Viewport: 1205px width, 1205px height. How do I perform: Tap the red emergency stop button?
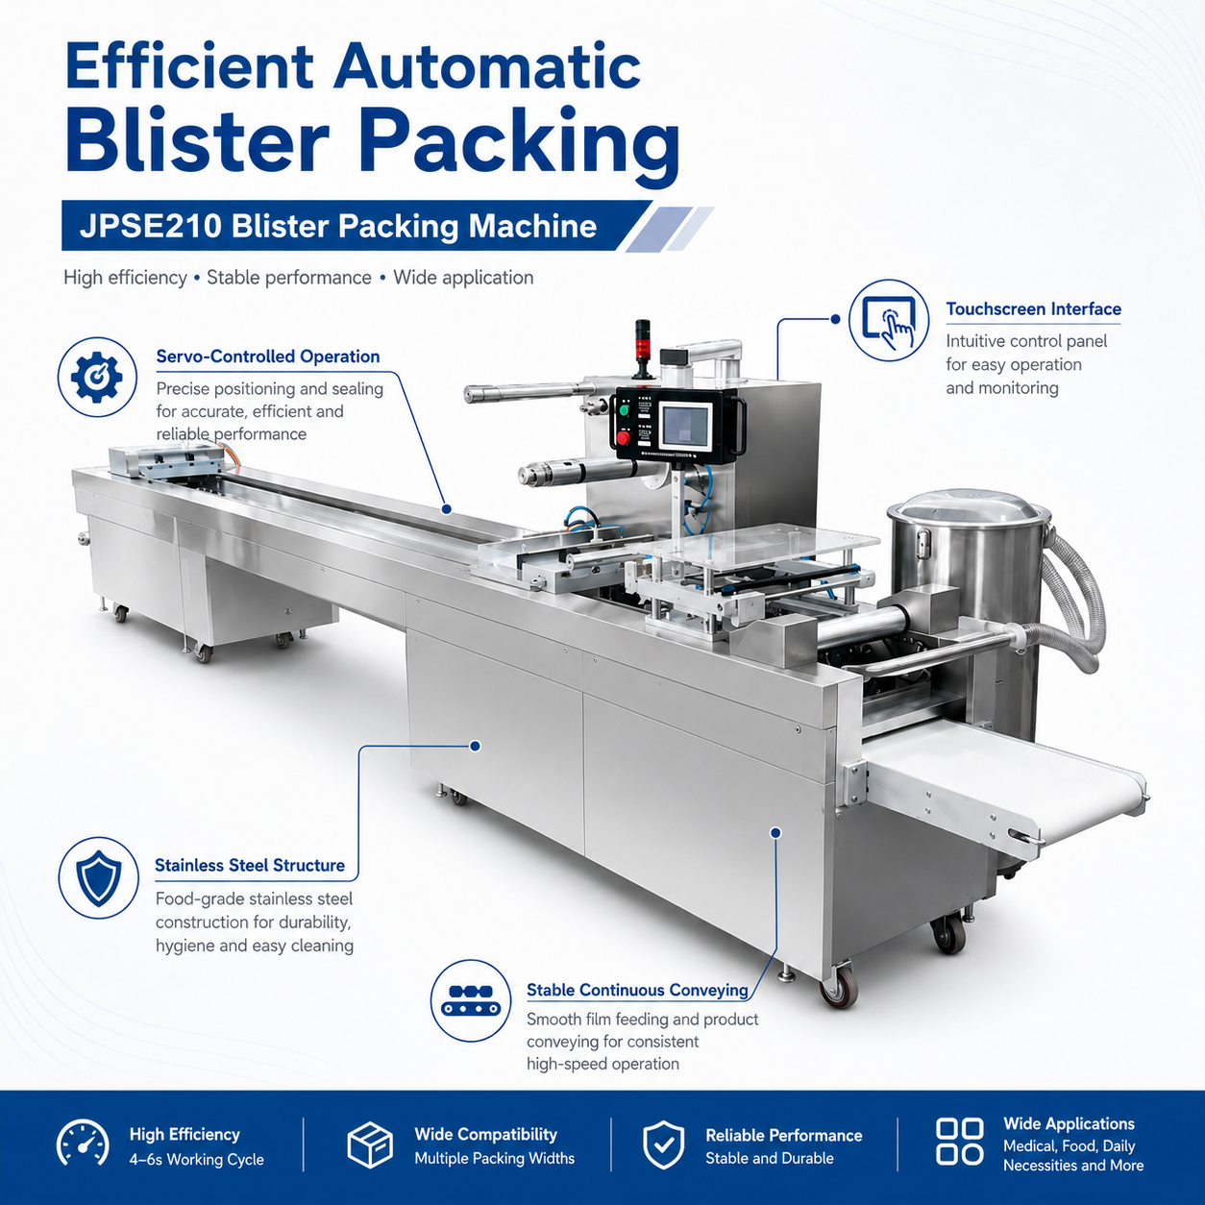coord(624,438)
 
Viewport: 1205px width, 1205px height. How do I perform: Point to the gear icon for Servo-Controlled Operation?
coord(97,377)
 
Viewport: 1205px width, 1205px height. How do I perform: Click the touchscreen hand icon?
coord(889,320)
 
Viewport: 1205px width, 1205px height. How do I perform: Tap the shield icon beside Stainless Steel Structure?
coord(98,878)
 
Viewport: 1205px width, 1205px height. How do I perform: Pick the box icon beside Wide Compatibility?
coord(370,1144)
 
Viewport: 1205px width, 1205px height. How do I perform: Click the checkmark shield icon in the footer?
coord(663,1144)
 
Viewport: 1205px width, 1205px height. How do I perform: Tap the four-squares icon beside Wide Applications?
coord(960,1142)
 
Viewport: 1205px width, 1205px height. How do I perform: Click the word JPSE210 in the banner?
coord(150,226)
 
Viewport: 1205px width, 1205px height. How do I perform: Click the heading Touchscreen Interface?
coord(1033,308)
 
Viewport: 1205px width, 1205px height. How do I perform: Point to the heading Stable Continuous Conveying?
coord(637,990)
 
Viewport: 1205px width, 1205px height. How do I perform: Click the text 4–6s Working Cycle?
coord(196,1159)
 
